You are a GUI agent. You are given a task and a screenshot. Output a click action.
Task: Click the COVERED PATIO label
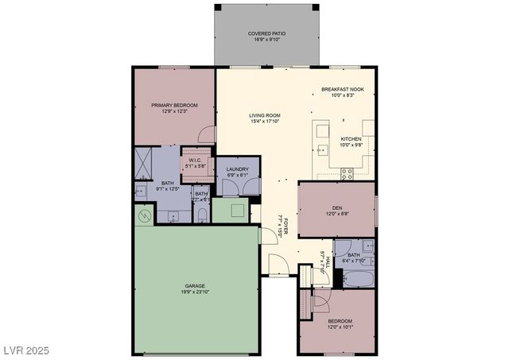[266, 33]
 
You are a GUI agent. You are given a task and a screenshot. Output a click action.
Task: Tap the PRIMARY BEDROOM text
[174, 105]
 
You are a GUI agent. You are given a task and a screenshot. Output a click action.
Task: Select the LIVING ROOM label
[265, 115]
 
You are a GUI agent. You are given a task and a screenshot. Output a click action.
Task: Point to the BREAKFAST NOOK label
[343, 89]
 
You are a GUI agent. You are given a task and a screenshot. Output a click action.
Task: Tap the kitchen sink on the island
[321, 149]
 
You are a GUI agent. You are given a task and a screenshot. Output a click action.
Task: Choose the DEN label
[337, 207]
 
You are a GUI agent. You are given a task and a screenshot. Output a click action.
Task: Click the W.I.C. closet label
[195, 160]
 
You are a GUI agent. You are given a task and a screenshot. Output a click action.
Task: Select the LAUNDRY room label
[238, 169]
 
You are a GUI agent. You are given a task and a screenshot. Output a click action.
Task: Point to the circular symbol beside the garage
[144, 216]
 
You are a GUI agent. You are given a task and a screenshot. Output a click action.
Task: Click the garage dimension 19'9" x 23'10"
[196, 292]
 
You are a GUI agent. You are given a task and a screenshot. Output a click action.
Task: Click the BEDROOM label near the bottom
[340, 321]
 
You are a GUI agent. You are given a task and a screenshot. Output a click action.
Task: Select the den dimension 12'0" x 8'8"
[337, 214]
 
